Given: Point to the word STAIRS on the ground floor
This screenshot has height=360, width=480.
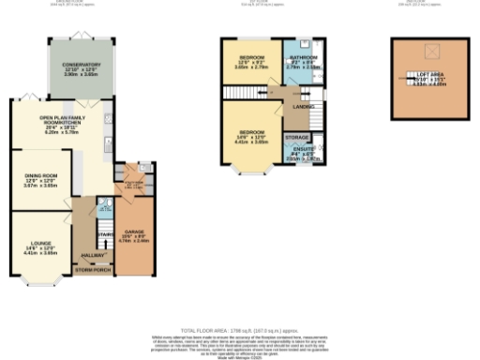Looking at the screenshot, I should [x=105, y=233].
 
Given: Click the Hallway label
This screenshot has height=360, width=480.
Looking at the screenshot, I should [x=93, y=253].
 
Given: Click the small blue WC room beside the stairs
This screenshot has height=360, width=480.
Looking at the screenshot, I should [x=105, y=208].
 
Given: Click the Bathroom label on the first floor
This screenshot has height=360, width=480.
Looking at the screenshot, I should [x=303, y=62].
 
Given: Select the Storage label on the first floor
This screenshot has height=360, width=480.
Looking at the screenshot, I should [x=298, y=136].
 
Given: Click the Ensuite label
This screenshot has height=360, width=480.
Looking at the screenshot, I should [x=303, y=152].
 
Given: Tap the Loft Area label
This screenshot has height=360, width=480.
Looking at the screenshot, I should [x=431, y=77].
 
